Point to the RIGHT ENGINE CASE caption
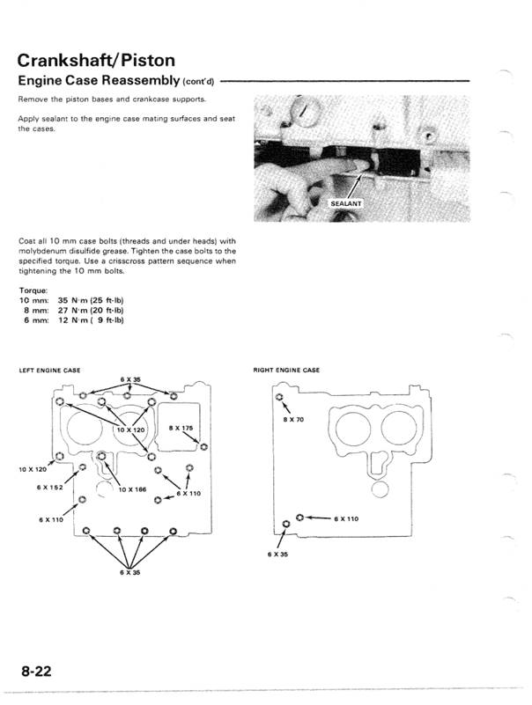[287, 370]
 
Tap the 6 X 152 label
[50, 487]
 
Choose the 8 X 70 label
[292, 419]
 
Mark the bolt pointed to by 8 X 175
[203, 447]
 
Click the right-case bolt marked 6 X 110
[300, 518]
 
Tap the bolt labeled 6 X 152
[82, 467]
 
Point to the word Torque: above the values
[33, 290]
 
